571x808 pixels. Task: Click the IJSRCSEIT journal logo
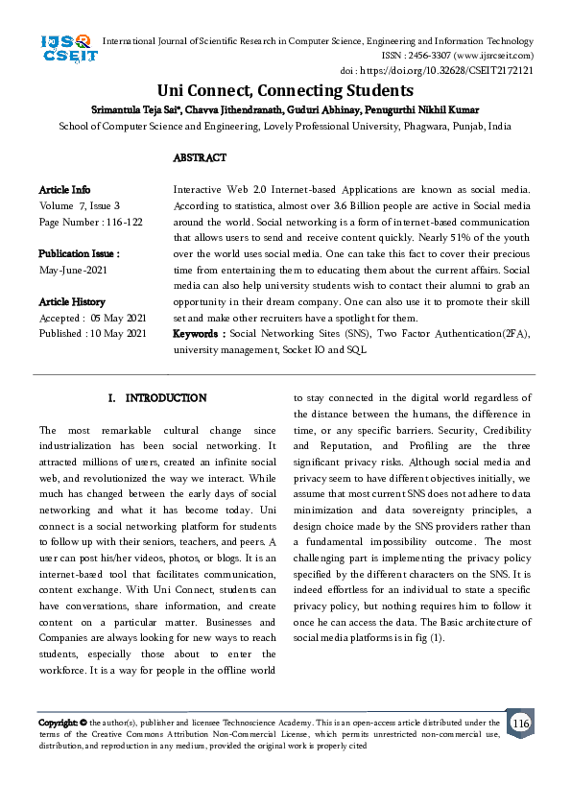pos(66,49)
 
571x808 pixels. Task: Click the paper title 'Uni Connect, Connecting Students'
pos(285,91)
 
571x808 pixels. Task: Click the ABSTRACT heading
pos(200,157)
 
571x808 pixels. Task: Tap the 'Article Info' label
pos(65,190)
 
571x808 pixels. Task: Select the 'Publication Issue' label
pos(79,253)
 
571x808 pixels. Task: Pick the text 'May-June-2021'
pos(74,270)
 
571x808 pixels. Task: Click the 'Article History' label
pos(72,301)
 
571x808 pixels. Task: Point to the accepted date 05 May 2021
pos(116,318)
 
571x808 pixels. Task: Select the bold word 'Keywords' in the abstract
pos(198,333)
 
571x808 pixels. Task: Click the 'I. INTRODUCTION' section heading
pos(157,397)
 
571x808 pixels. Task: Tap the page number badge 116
pos(520,723)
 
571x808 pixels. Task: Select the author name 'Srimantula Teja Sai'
pos(135,110)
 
